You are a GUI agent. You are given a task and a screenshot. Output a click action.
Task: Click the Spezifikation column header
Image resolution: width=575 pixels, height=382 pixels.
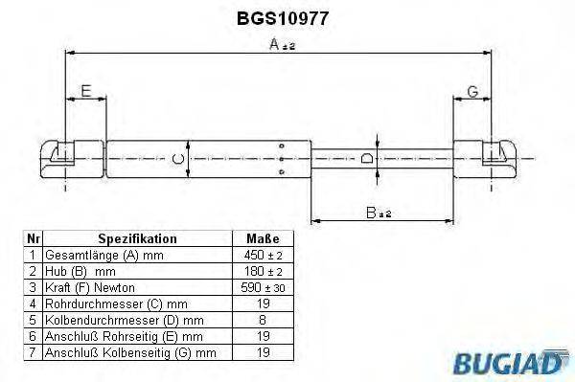click(137, 238)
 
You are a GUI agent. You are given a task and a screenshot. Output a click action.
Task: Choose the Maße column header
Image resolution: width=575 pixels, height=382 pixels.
click(263, 238)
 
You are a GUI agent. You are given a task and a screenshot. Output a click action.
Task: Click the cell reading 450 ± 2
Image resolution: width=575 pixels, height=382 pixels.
click(263, 255)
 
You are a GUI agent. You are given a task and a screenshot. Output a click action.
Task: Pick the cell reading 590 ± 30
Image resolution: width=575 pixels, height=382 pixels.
click(263, 286)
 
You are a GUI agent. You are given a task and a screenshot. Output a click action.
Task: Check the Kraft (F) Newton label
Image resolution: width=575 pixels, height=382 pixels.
click(91, 286)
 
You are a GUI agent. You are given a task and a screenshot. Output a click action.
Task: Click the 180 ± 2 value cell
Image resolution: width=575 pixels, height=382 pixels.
click(263, 271)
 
